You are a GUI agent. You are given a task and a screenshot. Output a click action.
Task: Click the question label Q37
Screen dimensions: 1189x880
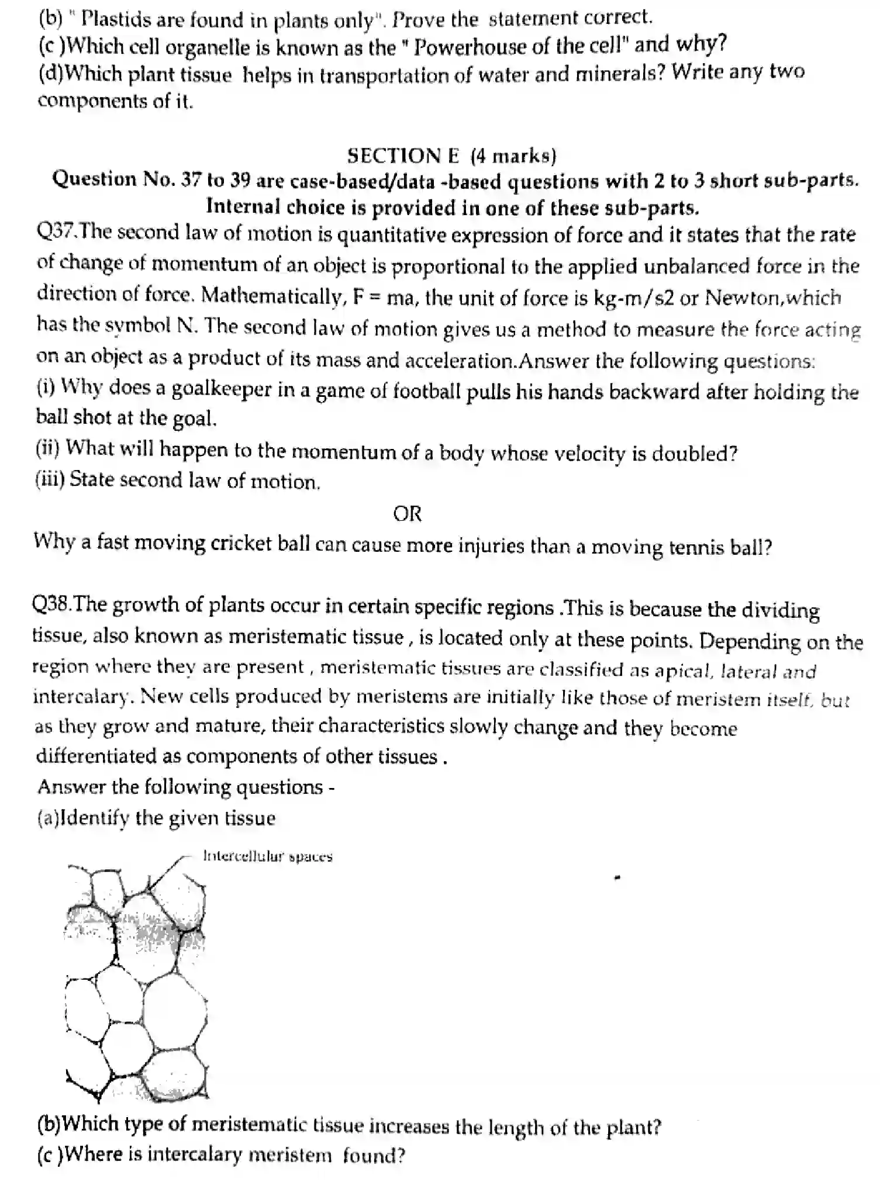pyautogui.click(x=55, y=232)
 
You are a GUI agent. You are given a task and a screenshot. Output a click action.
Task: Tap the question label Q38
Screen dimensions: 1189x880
pyautogui.click(x=51, y=604)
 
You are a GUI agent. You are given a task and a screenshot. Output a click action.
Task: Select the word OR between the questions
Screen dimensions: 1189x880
pyautogui.click(x=407, y=514)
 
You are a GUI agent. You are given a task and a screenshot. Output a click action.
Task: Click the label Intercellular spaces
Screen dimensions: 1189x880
pyautogui.click(x=267, y=856)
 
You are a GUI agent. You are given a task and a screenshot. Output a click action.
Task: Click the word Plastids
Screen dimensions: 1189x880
pyautogui.click(x=106, y=19)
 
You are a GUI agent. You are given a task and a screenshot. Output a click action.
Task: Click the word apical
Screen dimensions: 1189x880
pyautogui.click(x=683, y=671)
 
